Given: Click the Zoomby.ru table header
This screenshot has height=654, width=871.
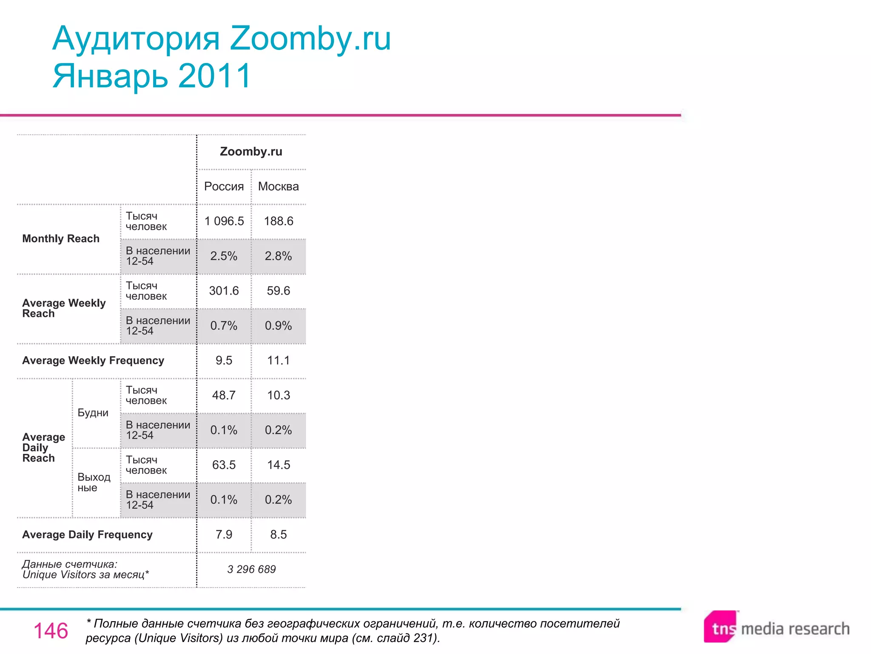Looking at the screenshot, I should (251, 152).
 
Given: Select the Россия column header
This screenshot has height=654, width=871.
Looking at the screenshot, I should (224, 186).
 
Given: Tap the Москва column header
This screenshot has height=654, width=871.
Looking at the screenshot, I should (279, 186).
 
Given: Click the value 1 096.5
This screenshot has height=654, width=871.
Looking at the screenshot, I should (224, 221).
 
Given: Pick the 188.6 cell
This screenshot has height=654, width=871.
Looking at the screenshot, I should (279, 221).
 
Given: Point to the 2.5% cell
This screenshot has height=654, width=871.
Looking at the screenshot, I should (224, 256).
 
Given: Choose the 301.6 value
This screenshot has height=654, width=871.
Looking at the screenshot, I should (224, 291).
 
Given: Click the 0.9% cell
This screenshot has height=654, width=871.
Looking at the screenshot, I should (279, 326).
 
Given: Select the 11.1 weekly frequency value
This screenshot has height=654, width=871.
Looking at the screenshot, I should (279, 361).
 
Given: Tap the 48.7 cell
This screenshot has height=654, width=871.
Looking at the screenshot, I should (224, 396).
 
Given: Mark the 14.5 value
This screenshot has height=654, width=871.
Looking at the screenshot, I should (279, 465).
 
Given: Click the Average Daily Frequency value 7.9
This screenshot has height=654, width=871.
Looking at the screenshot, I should (224, 535).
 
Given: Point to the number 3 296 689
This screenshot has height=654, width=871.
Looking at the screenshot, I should (251, 569).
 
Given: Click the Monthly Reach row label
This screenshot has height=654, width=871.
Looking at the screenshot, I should (61, 239).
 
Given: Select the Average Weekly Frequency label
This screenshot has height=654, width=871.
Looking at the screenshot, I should (93, 361).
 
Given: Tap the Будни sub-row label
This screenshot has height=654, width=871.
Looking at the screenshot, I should (93, 413).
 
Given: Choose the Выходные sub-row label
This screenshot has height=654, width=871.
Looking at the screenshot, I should (94, 482).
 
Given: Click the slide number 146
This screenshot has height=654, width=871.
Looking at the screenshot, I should (51, 631).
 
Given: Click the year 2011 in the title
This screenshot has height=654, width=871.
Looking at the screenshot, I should (215, 76).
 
